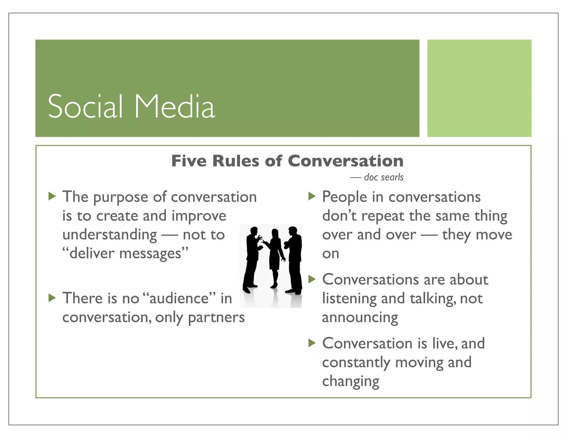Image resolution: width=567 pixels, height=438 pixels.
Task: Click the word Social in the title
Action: (x=85, y=107)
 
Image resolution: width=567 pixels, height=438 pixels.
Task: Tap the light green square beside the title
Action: (x=479, y=88)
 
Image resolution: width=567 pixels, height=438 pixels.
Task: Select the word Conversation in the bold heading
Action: (x=346, y=161)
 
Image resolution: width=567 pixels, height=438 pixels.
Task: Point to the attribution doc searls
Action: (x=383, y=177)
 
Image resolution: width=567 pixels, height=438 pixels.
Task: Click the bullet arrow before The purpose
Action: (x=52, y=196)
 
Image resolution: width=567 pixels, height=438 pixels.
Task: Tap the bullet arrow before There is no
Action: (x=52, y=298)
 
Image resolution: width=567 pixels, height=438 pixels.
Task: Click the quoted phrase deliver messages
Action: (x=125, y=253)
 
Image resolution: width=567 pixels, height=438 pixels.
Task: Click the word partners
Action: (x=216, y=317)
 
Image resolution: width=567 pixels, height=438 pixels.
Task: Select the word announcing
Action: (x=360, y=317)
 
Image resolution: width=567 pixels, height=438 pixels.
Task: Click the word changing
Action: (x=350, y=381)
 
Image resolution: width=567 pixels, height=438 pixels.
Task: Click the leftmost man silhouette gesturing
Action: (x=252, y=257)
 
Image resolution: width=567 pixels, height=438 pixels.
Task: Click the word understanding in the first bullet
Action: (x=110, y=235)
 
